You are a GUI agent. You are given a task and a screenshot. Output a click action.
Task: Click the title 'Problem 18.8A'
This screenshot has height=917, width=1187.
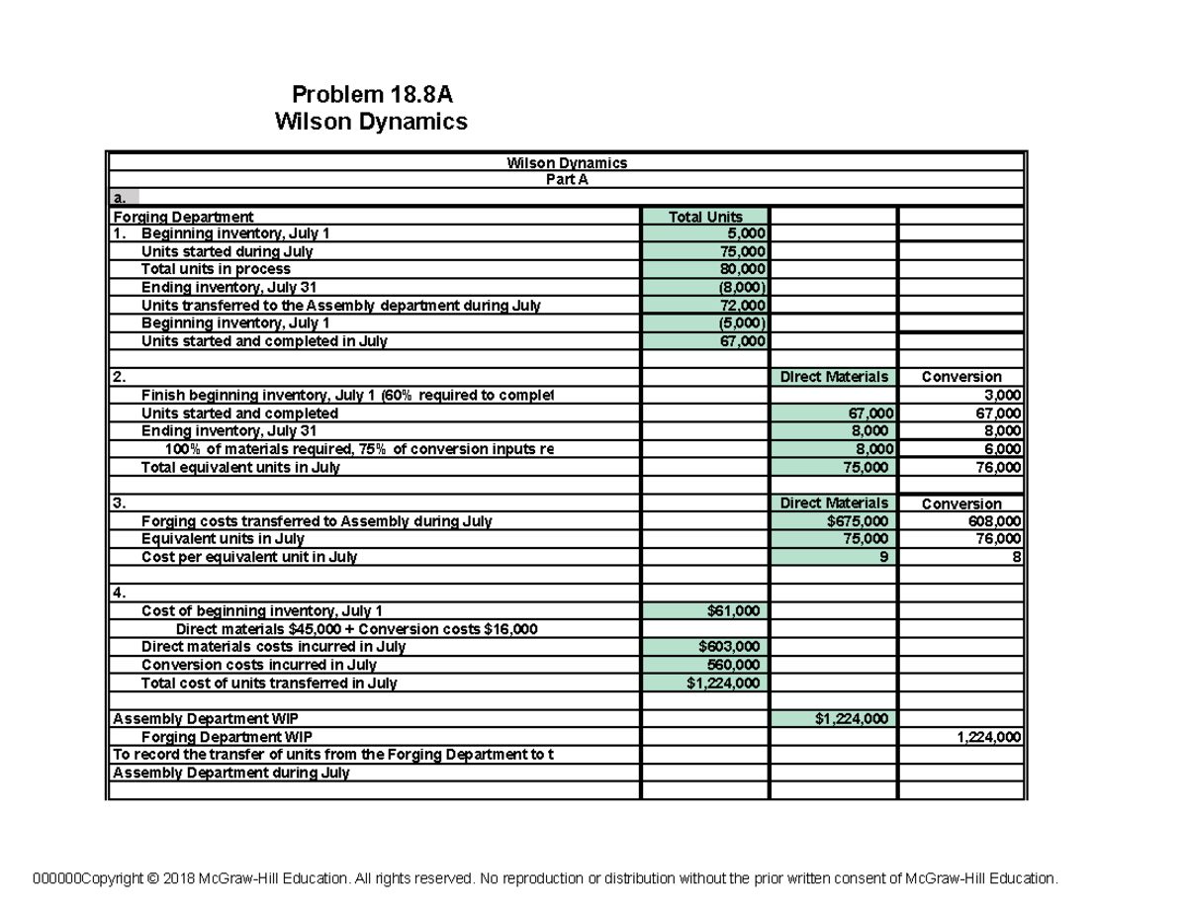click(375, 95)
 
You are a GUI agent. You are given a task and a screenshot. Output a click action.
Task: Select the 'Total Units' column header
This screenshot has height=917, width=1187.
click(705, 217)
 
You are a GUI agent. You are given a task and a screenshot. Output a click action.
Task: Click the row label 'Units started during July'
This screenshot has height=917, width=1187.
click(227, 251)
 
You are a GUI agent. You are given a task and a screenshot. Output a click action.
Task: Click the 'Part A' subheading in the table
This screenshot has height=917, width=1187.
click(567, 179)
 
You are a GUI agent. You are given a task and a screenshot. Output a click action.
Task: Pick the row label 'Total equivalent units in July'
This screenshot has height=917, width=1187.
click(240, 467)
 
